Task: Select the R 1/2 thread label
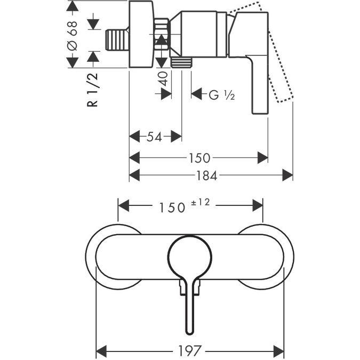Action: pyautogui.click(x=93, y=91)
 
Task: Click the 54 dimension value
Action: pyautogui.click(x=154, y=137)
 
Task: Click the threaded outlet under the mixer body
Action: pyautogui.click(x=181, y=61)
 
